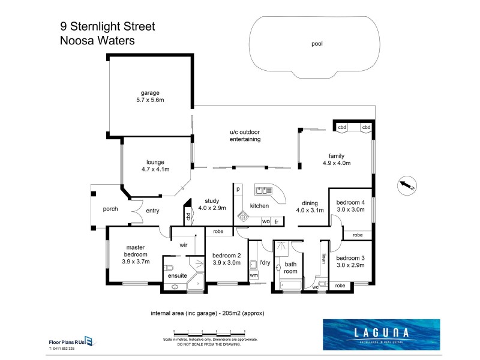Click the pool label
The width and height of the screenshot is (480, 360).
point(317,44)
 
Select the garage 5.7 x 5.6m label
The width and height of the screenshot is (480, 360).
point(150,96)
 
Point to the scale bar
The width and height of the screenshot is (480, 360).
point(210,332)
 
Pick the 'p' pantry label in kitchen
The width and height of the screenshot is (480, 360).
point(238,190)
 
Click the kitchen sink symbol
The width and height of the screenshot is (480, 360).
point(262,191)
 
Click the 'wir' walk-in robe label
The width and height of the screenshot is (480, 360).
point(184,245)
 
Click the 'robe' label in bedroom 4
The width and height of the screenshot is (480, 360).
point(357,235)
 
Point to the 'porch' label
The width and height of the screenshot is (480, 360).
point(110,209)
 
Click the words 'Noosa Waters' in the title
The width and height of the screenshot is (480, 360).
point(97,41)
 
